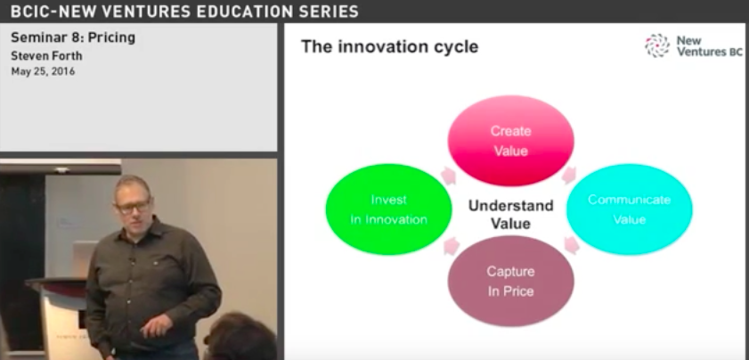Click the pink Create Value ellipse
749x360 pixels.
(x=510, y=141)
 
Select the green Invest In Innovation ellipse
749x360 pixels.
(x=388, y=209)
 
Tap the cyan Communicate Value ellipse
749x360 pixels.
(x=629, y=209)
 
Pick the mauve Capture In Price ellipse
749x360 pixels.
(x=510, y=281)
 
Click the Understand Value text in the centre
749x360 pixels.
(x=510, y=214)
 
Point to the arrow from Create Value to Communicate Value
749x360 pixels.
(x=568, y=176)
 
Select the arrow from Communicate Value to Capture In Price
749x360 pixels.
(x=571, y=245)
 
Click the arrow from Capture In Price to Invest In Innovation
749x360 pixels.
(x=452, y=246)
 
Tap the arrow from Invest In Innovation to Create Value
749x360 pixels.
(x=448, y=176)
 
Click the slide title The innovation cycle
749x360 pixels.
(x=389, y=47)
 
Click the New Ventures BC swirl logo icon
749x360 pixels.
(x=657, y=45)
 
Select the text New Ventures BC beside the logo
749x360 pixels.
(x=709, y=46)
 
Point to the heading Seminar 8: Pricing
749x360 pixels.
(x=73, y=37)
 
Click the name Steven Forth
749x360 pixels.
(x=46, y=56)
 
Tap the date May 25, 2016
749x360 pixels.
(x=43, y=71)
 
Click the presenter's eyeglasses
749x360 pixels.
(x=133, y=207)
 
